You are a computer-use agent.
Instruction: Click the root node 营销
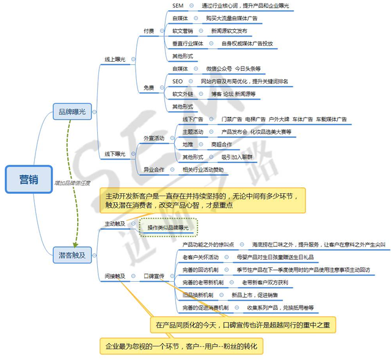pyautogui.click(x=27, y=179)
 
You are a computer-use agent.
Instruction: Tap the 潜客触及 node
pyautogui.click(x=71, y=252)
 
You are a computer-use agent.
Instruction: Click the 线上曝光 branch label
pyautogui.click(x=115, y=59)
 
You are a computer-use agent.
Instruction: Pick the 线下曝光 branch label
pyautogui.click(x=115, y=154)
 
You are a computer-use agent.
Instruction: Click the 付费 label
pyautogui.click(x=148, y=31)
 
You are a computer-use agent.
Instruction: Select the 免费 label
pyautogui.click(x=148, y=87)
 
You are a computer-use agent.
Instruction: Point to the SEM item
pyautogui.click(x=178, y=6)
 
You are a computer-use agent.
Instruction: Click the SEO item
pyautogui.click(x=177, y=81)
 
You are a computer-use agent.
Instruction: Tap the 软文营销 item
pyautogui.click(x=182, y=31)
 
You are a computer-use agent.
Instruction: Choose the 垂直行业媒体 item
pyautogui.click(x=188, y=43)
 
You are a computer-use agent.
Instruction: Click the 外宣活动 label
pyautogui.click(x=154, y=138)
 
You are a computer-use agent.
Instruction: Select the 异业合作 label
pyautogui.click(x=154, y=169)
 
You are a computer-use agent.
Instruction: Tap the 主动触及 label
pyautogui.click(x=115, y=224)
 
